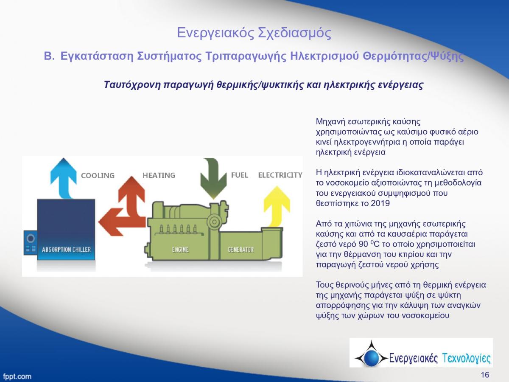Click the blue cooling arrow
64,179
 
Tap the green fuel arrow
213,179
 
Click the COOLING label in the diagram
98,176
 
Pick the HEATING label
159,175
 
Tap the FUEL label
240,175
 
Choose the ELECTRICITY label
280,175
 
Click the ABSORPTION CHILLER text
66,250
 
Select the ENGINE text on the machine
180,250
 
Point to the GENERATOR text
241,250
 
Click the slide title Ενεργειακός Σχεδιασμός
254,33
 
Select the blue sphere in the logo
371,358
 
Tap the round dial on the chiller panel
31,239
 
